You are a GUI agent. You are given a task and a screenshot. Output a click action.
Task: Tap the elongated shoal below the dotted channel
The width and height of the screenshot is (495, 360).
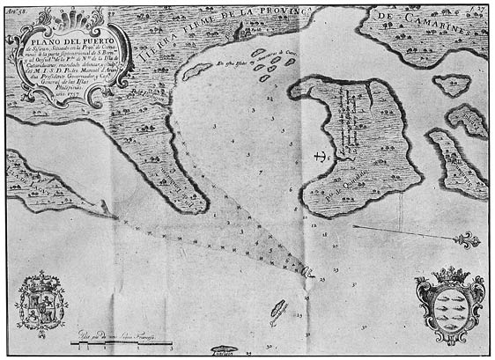276,307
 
